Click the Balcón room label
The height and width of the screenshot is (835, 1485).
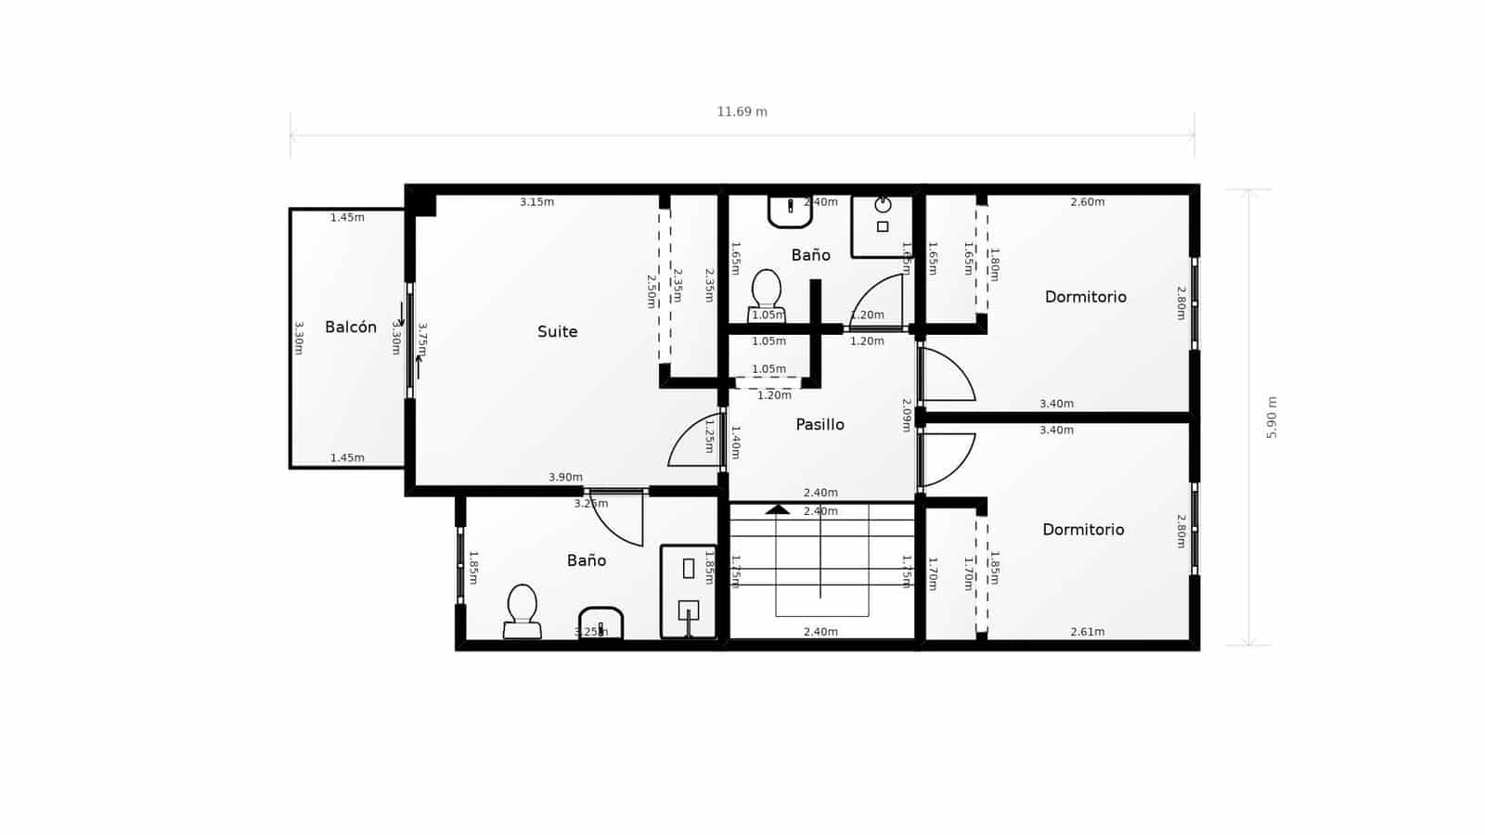[x=351, y=328]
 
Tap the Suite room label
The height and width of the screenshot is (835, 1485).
[x=557, y=332]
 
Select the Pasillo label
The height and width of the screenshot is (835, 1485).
[x=820, y=425]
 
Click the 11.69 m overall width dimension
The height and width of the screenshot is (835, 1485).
[x=742, y=112]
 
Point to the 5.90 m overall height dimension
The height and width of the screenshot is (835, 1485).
[x=1272, y=417]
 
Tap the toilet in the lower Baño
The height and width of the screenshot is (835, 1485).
[x=523, y=610]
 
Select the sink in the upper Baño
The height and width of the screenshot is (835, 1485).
[x=790, y=212]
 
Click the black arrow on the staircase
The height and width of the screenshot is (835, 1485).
[x=778, y=509]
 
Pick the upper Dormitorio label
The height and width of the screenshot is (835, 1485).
[x=1085, y=297]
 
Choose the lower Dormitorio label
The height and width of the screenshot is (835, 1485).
[x=1083, y=530]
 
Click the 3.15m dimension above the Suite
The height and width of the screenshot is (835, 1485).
[x=536, y=202]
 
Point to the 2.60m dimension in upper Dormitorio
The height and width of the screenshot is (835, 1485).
[x=1087, y=202]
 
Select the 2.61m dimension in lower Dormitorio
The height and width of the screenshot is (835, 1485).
[x=1087, y=632]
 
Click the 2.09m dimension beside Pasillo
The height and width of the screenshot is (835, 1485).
[x=907, y=415]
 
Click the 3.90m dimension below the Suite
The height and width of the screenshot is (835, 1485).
[x=565, y=478]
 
